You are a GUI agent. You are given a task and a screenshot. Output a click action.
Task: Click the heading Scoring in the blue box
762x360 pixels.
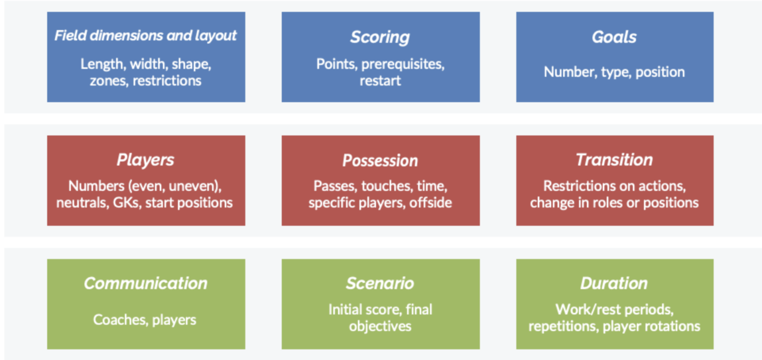coord(380,37)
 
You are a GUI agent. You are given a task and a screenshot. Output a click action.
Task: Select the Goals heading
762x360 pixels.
coord(614,37)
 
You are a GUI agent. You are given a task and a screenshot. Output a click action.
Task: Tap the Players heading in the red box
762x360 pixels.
coord(145,160)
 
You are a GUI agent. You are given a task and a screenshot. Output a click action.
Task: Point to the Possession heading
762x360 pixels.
coord(380,161)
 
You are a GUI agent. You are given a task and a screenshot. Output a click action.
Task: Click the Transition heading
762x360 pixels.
coord(614,160)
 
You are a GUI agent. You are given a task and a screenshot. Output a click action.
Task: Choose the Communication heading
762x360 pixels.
coord(145,283)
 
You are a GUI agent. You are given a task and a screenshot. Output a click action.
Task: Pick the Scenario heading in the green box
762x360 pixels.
coord(380,283)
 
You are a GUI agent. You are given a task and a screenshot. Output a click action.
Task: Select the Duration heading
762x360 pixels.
coord(614,283)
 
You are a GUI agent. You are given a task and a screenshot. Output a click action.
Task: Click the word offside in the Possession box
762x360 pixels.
coord(431,203)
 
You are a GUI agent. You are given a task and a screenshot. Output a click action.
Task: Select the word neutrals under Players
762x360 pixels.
coord(79,203)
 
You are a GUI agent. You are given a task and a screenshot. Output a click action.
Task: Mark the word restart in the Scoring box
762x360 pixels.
coord(380,81)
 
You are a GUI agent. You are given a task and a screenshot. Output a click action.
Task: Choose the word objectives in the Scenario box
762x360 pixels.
coord(380,326)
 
